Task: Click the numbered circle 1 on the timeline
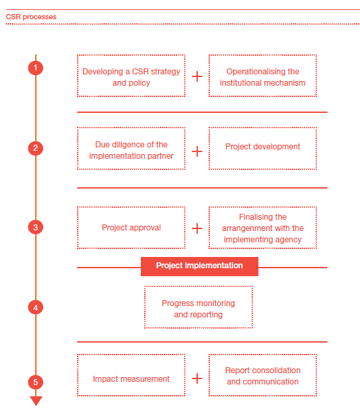36,68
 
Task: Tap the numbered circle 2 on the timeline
36,148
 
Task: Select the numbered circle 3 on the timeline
36,227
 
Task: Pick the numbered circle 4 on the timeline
36,307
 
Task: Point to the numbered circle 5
36,382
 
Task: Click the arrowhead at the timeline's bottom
36,401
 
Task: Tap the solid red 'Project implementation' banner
199,266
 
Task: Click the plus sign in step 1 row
197,76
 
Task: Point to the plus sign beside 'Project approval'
197,228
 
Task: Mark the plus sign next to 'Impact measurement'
197,378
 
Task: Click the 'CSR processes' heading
31,17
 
